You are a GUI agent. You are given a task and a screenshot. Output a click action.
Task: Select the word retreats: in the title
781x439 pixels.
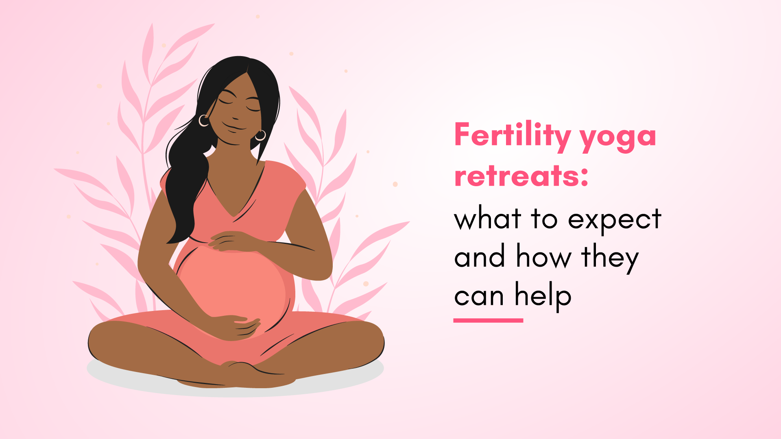click(x=521, y=176)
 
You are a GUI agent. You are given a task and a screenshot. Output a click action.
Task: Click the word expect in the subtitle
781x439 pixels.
click(x=615, y=220)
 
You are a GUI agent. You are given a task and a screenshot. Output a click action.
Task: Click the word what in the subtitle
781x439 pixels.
click(x=488, y=217)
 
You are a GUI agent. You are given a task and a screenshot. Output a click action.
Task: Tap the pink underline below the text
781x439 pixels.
click(x=488, y=321)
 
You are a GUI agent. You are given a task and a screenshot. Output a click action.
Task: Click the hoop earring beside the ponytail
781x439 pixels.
click(x=204, y=120)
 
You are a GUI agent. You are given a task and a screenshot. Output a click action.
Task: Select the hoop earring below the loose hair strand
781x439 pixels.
click(x=260, y=135)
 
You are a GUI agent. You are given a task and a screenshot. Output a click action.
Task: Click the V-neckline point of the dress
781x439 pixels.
click(x=233, y=216)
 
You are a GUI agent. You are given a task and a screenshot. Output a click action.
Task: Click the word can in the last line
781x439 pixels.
click(x=479, y=297)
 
